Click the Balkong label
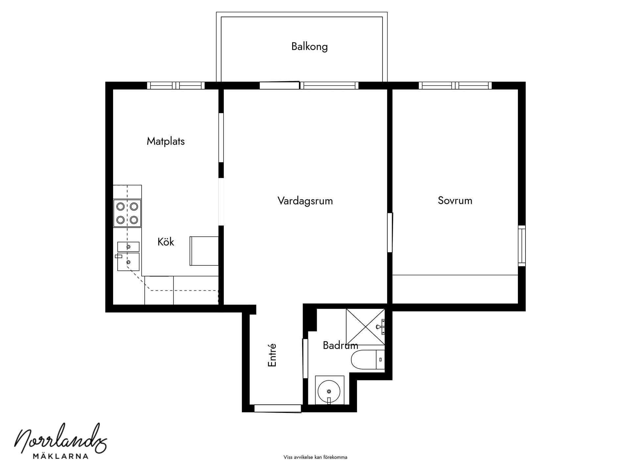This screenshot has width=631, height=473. [309, 47]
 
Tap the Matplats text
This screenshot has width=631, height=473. [165, 141]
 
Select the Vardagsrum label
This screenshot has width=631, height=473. [305, 201]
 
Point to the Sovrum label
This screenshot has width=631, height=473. [455, 200]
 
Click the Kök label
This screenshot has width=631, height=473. [166, 242]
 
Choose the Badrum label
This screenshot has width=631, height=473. [340, 345]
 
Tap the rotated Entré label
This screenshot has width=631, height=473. [272, 355]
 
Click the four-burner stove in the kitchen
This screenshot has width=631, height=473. [127, 213]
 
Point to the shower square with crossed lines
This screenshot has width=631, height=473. [365, 327]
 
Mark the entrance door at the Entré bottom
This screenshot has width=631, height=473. [278, 409]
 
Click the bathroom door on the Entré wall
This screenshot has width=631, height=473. [305, 358]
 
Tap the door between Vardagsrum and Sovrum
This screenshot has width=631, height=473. [390, 233]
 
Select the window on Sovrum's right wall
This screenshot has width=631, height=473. [522, 245]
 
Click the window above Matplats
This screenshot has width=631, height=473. [176, 86]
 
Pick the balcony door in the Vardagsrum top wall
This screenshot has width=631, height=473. [279, 85]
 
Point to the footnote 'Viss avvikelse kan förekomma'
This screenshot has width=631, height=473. [315, 457]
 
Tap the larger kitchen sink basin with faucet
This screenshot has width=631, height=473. [128, 261]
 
